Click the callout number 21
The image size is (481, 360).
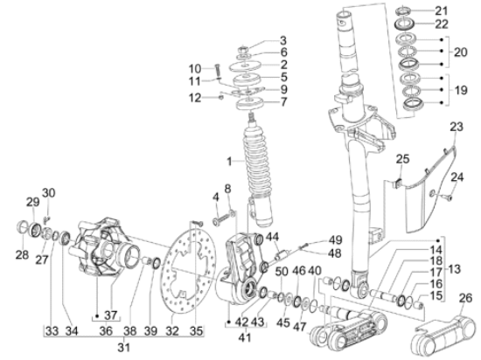pyautogui.click(x=442, y=11)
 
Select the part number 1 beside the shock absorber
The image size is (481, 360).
pyautogui.click(x=229, y=162)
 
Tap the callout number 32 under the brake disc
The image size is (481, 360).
pyautogui.click(x=172, y=331)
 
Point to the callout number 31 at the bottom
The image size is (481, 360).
pyautogui.click(x=123, y=348)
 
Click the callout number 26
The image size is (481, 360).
pyautogui.click(x=465, y=298)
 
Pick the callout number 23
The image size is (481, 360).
pyautogui.click(x=457, y=127)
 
